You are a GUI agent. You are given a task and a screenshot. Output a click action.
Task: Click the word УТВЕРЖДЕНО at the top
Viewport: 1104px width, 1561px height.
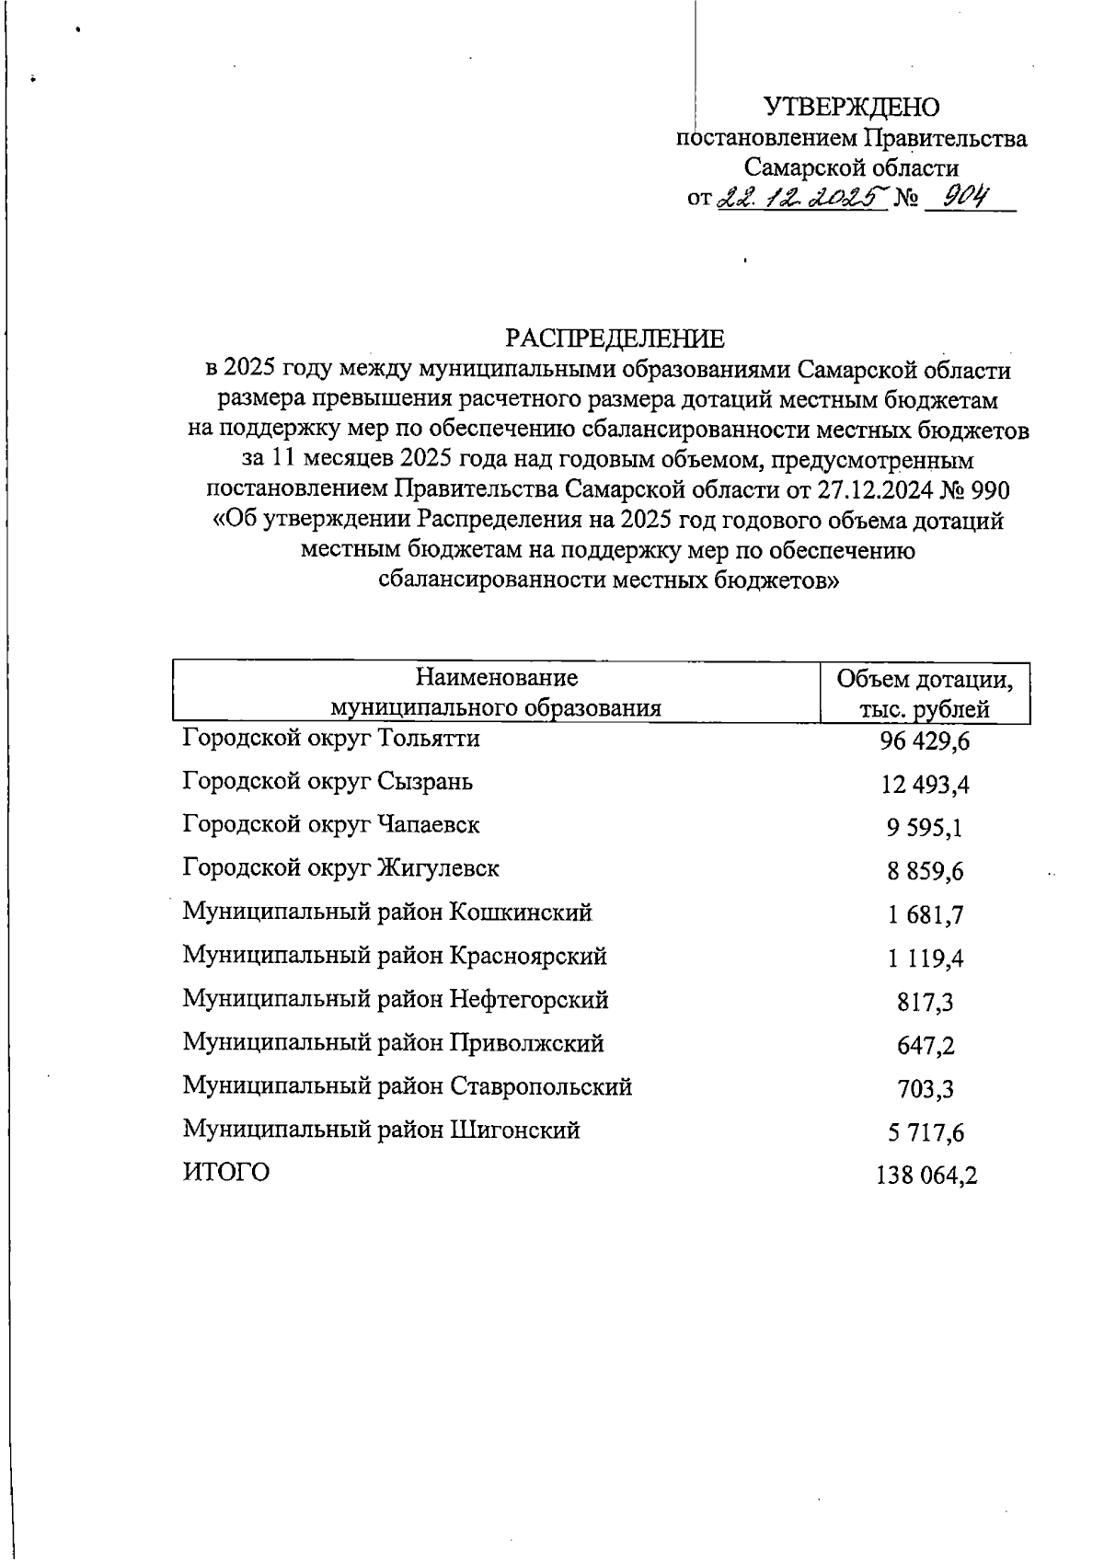(852, 108)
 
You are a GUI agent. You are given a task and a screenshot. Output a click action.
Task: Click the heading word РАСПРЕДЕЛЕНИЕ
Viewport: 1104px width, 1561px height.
(615, 339)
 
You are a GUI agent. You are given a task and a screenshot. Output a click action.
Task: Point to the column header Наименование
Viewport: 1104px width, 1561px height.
(497, 678)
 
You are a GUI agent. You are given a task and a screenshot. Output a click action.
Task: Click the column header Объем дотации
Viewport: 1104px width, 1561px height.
(925, 680)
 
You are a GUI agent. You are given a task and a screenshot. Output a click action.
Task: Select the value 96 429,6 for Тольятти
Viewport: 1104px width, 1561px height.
(925, 741)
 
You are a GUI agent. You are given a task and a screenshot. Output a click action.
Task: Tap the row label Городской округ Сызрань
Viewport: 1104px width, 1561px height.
(328, 782)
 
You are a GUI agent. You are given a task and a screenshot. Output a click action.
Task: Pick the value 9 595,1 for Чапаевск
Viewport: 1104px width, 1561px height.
(925, 828)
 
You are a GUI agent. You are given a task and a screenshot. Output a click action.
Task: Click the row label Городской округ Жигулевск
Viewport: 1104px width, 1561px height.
(340, 868)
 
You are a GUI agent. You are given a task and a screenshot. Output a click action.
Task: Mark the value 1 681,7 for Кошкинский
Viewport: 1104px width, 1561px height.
(925, 915)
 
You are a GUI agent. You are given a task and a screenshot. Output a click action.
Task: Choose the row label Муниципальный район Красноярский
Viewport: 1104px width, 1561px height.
(395, 956)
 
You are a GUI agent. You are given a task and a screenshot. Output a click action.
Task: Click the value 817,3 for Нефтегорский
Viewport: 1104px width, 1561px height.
(925, 1002)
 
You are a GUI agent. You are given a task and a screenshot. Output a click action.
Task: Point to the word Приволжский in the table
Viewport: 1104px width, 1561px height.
(526, 1043)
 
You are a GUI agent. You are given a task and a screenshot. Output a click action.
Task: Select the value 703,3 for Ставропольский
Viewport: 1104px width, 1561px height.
(925, 1089)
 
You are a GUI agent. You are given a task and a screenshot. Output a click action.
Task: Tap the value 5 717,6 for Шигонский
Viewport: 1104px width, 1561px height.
(925, 1132)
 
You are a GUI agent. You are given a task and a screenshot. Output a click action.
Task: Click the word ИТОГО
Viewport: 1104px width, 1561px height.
(226, 1173)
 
